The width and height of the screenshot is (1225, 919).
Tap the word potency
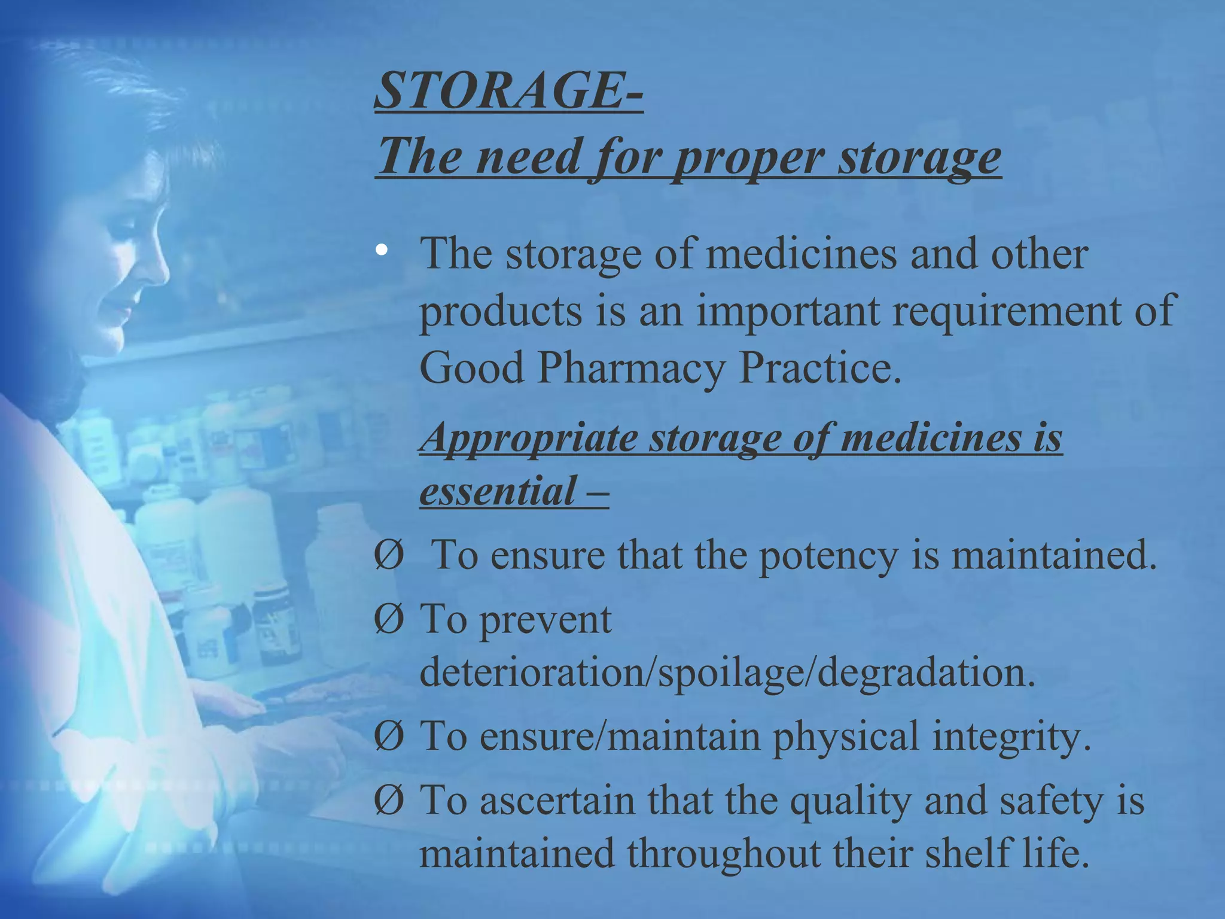[828, 555]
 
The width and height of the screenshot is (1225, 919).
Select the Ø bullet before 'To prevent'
[388, 619]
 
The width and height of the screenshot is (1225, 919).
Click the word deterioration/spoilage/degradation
[727, 672]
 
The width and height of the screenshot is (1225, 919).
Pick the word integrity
[1011, 737]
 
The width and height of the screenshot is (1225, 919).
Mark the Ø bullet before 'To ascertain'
[388, 801]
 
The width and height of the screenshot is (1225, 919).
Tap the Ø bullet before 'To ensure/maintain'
[388, 737]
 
